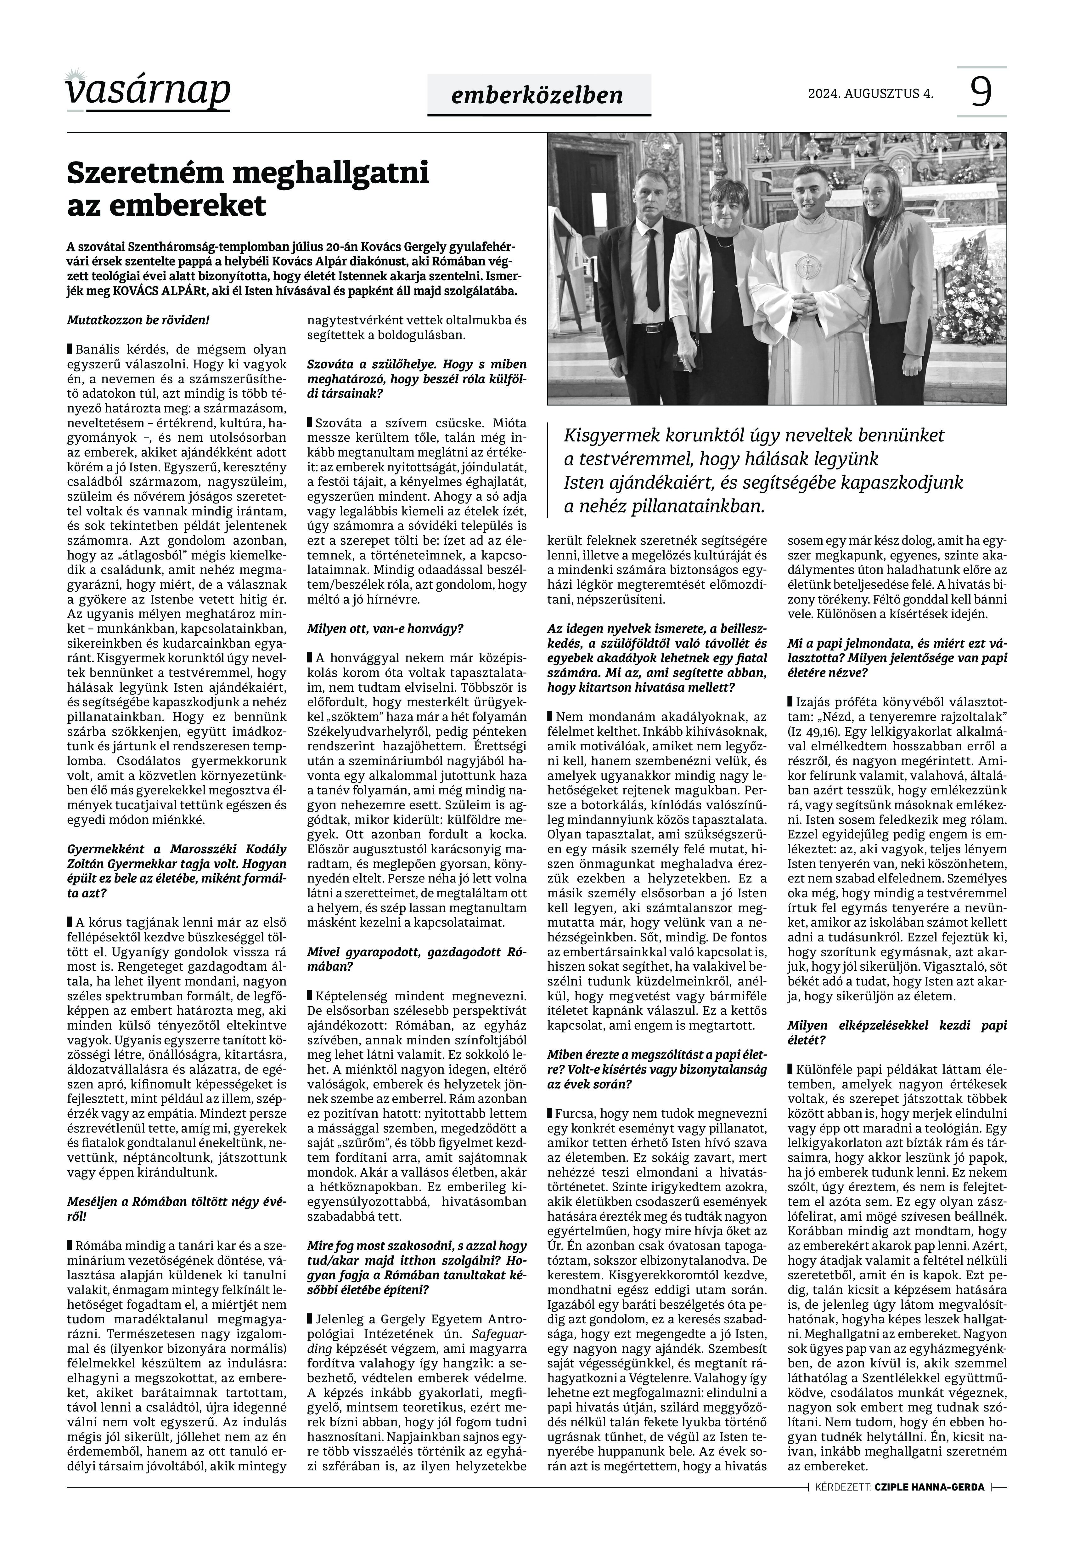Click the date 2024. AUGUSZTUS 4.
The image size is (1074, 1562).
870,94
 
